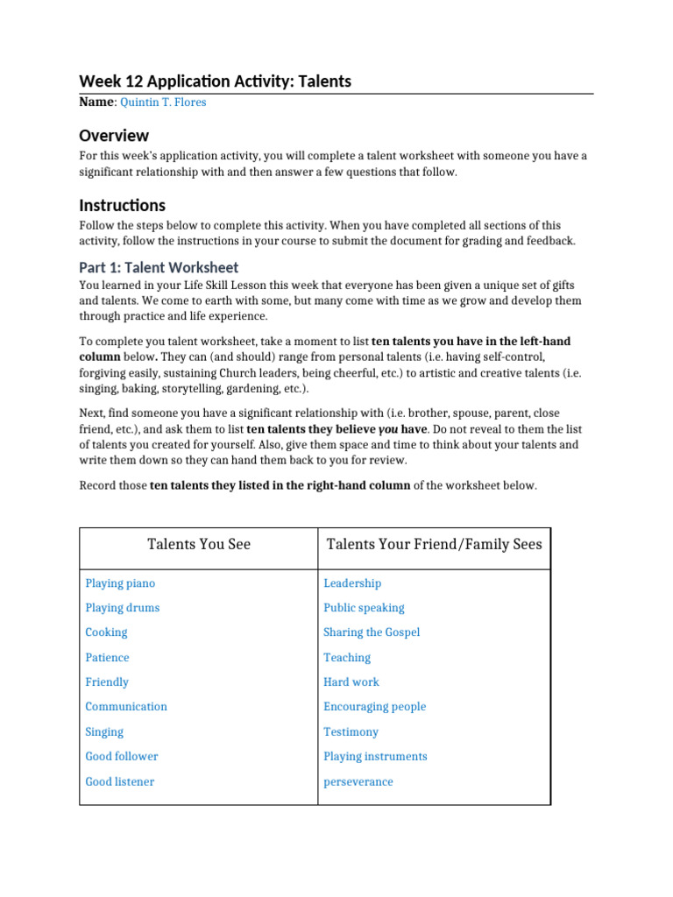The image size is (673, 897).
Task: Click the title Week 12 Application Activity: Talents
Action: [x=215, y=81]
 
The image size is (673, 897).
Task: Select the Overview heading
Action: [x=114, y=136]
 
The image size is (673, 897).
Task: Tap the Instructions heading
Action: [x=122, y=205]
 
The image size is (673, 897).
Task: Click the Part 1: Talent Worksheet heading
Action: [x=159, y=267]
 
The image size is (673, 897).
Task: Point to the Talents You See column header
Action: [x=199, y=544]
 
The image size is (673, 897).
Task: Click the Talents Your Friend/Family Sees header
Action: [x=434, y=544]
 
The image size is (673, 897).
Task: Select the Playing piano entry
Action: [x=120, y=583]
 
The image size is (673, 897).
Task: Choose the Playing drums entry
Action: [x=123, y=608]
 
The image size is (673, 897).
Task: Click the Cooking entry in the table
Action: [x=106, y=632]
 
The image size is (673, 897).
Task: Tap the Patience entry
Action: [x=107, y=658]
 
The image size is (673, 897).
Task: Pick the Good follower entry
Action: [x=122, y=756]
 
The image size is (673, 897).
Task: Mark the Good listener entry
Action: [x=119, y=781]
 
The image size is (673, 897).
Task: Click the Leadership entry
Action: [x=352, y=583]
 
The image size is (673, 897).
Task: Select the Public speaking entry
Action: [x=364, y=608]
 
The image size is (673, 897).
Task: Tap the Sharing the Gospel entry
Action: [x=372, y=632]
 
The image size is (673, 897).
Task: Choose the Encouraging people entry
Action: [x=374, y=707]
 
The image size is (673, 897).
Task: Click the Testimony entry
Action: [x=351, y=731]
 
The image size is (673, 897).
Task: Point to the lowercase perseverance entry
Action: [x=358, y=781]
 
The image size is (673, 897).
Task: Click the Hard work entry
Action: [x=351, y=682]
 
